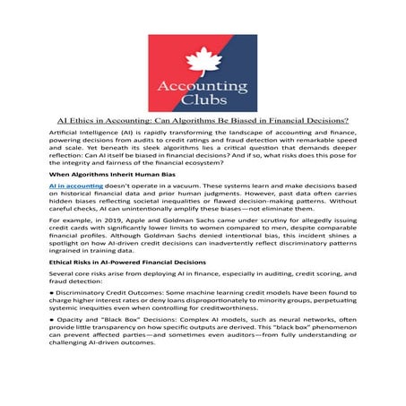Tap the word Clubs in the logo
[x=203, y=96]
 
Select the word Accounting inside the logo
[x=203, y=79]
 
